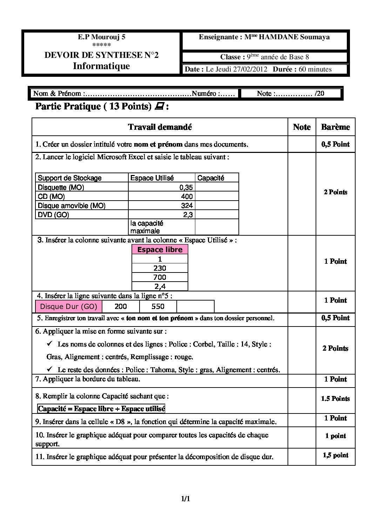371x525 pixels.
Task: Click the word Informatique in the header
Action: tap(101, 66)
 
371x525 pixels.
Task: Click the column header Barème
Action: tap(335, 127)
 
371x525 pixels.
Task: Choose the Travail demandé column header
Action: tap(160, 127)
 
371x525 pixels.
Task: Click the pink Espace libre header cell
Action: tap(160, 250)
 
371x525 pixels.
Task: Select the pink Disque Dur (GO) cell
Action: tap(69, 307)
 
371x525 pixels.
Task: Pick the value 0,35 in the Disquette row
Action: tap(186, 187)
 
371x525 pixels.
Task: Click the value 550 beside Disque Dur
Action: tap(158, 307)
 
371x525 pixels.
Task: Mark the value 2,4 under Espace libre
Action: tap(160, 287)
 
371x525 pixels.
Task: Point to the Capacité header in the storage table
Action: tap(211, 178)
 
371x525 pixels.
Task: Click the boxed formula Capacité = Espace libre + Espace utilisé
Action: tap(101, 409)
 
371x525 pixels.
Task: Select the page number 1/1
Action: tap(185, 499)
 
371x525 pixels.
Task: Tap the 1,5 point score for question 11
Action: tap(336, 455)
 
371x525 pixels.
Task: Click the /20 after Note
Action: tap(319, 93)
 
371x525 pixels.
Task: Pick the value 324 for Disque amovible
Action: tap(187, 206)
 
